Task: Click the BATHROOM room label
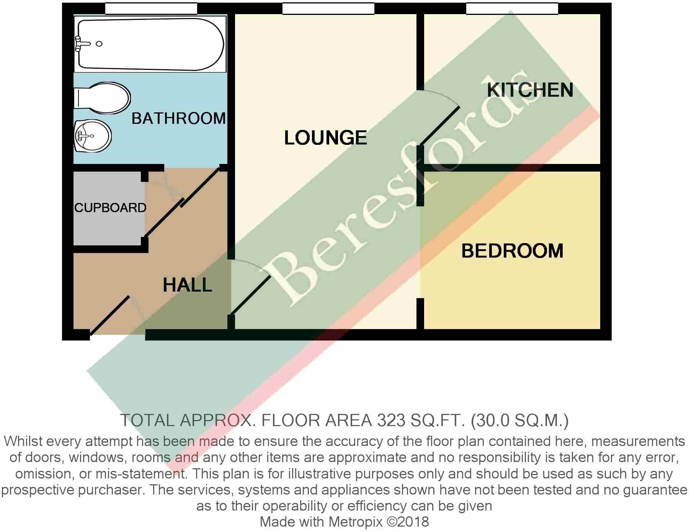tap(178, 118)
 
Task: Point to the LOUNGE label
tap(325, 138)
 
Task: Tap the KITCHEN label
tap(530, 90)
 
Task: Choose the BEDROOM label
tap(512, 251)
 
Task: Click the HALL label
tap(187, 285)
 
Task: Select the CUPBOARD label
tap(110, 208)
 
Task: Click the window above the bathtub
tap(151, 8)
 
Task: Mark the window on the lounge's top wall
tap(328, 8)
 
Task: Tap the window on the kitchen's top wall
tap(512, 8)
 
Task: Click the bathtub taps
tap(80, 44)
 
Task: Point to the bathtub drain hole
tap(99, 44)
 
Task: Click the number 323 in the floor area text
tap(391, 421)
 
